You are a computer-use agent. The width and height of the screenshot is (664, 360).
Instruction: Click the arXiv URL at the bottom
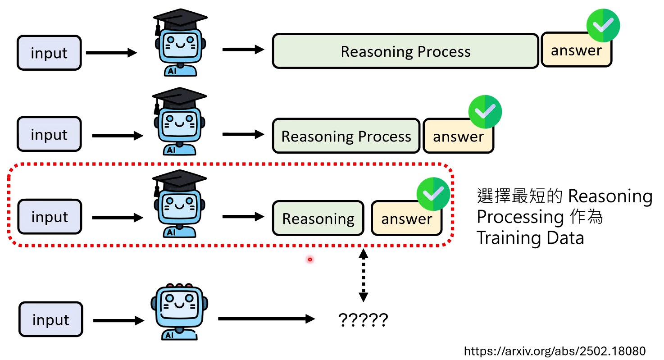[555, 351]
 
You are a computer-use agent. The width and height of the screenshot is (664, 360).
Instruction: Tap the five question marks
[363, 320]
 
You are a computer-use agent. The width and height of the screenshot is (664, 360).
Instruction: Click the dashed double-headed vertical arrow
[363, 275]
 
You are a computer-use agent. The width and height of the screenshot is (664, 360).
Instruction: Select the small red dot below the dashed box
[310, 260]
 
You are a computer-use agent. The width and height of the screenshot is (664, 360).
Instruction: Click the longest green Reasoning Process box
[405, 51]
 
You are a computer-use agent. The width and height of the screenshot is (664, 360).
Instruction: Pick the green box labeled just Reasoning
[318, 219]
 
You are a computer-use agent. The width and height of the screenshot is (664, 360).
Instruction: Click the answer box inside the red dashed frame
[406, 219]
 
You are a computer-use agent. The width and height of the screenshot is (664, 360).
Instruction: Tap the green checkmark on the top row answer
[603, 26]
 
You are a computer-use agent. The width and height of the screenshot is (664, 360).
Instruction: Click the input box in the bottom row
[50, 320]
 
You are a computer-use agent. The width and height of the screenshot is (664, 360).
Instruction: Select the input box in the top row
[49, 53]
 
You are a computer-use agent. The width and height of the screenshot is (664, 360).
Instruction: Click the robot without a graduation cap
[180, 311]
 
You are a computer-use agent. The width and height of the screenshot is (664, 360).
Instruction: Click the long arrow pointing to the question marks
[266, 319]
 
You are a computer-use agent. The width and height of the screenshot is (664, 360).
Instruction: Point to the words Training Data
[530, 237]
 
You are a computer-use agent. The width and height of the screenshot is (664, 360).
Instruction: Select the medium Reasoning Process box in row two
[346, 136]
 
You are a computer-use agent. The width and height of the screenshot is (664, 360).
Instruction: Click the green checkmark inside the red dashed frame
[433, 194]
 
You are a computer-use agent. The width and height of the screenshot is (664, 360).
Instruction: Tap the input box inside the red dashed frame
[50, 217]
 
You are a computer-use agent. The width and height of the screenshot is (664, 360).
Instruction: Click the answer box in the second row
[458, 136]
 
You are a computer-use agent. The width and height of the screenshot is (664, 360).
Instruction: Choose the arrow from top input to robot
[111, 53]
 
